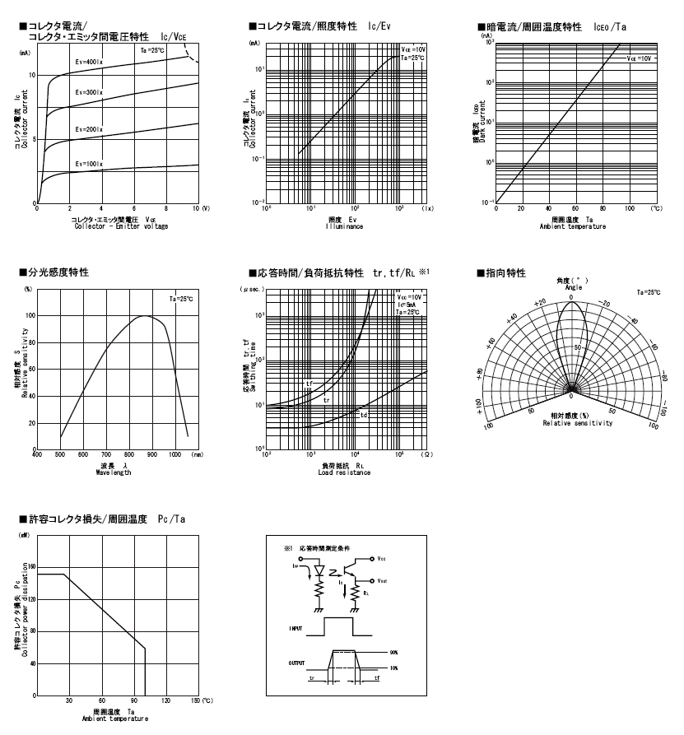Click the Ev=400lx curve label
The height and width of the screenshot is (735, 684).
pyautogui.click(x=88, y=63)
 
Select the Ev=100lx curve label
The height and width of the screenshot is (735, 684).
pyautogui.click(x=88, y=164)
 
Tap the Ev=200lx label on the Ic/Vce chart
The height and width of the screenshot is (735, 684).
pyautogui.click(x=88, y=129)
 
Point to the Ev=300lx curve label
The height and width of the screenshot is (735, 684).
pyautogui.click(x=88, y=91)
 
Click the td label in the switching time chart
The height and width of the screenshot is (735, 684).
pyautogui.click(x=364, y=414)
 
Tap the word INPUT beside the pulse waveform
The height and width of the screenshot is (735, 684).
pyautogui.click(x=295, y=628)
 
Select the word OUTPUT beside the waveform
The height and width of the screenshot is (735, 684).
pyautogui.click(x=296, y=662)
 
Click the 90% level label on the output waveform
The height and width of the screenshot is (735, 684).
pyautogui.click(x=394, y=653)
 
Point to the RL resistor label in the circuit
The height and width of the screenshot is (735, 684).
pyautogui.click(x=367, y=592)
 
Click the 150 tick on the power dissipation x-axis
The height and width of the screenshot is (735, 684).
pyautogui.click(x=195, y=700)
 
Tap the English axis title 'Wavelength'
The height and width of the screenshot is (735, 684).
pyautogui.click(x=113, y=473)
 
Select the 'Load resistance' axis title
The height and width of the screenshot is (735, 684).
pyautogui.click(x=344, y=473)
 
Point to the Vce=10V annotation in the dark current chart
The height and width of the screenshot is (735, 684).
pyautogui.click(x=639, y=58)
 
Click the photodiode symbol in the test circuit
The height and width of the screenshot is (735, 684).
pyautogui.click(x=320, y=570)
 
